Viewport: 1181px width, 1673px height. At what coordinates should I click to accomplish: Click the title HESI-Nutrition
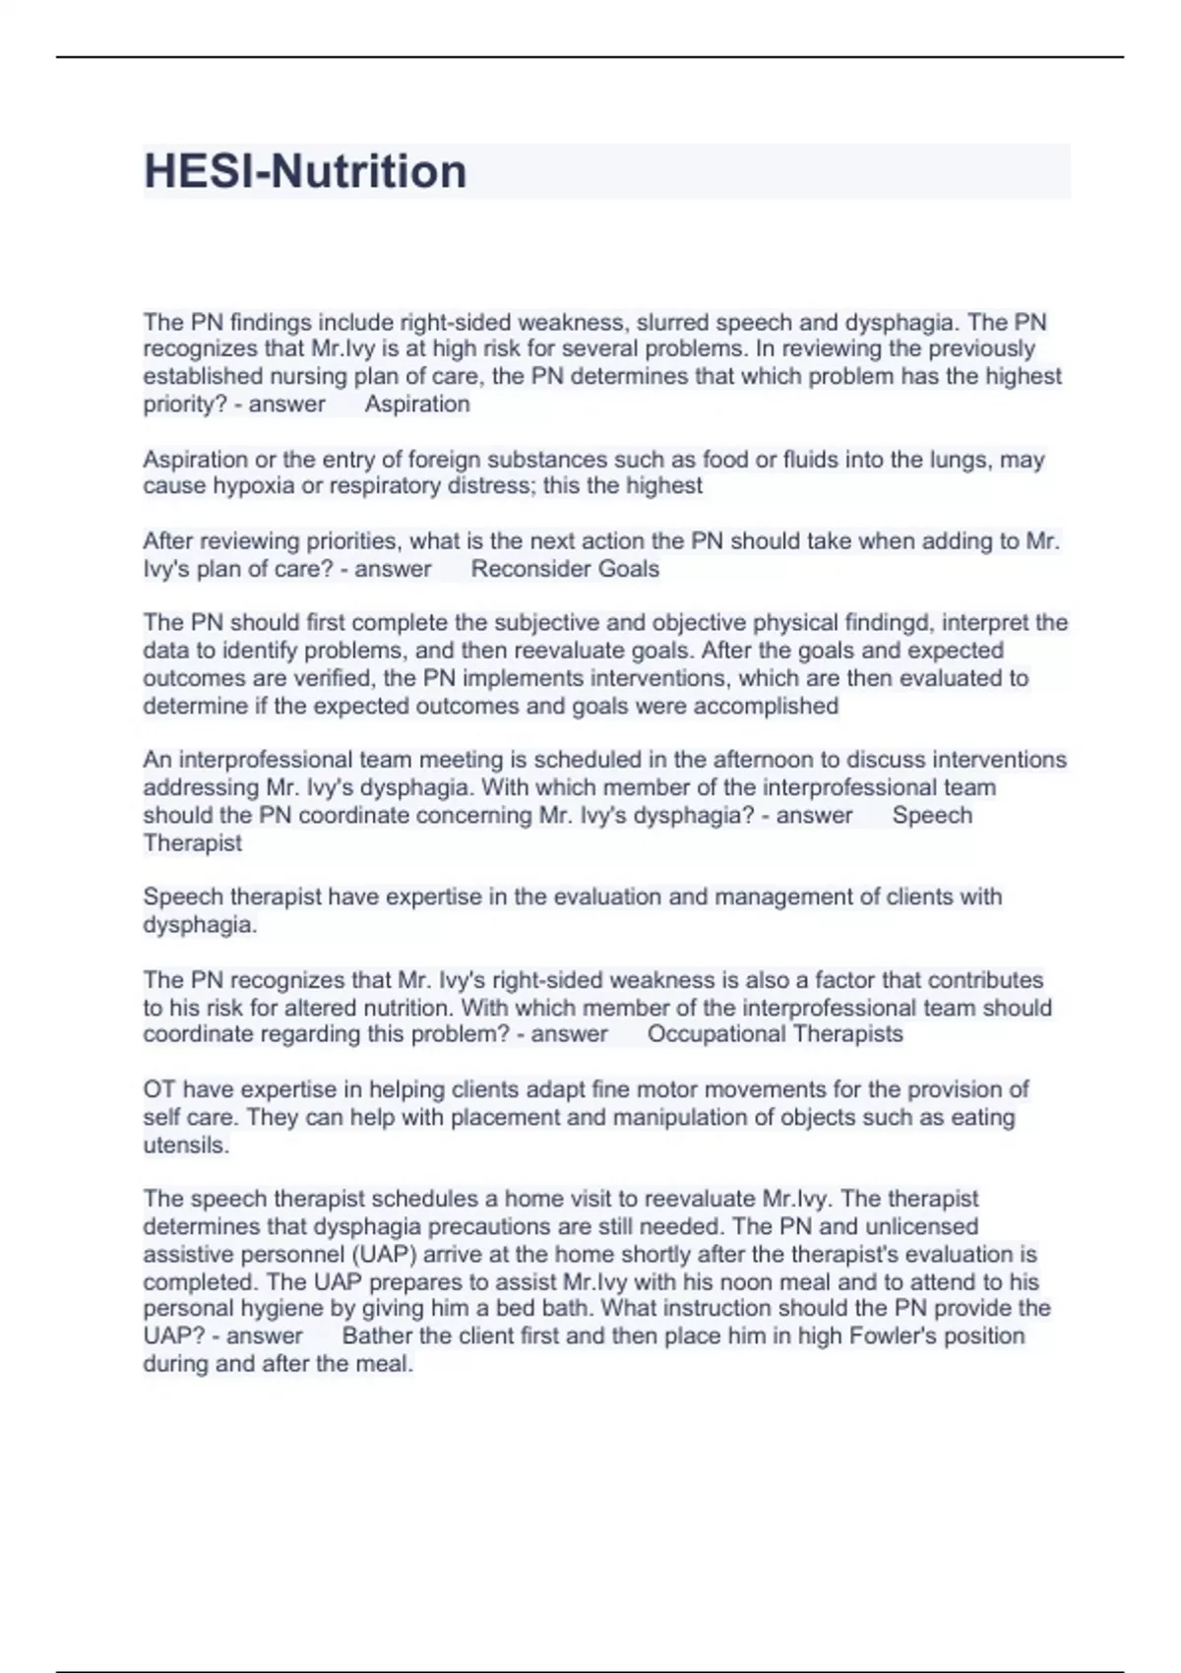[x=305, y=171]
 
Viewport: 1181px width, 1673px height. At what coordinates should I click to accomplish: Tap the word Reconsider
[x=519, y=569]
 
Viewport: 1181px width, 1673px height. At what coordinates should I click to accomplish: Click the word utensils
[x=186, y=1146]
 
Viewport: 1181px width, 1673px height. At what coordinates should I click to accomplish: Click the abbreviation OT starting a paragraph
[x=158, y=1090]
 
